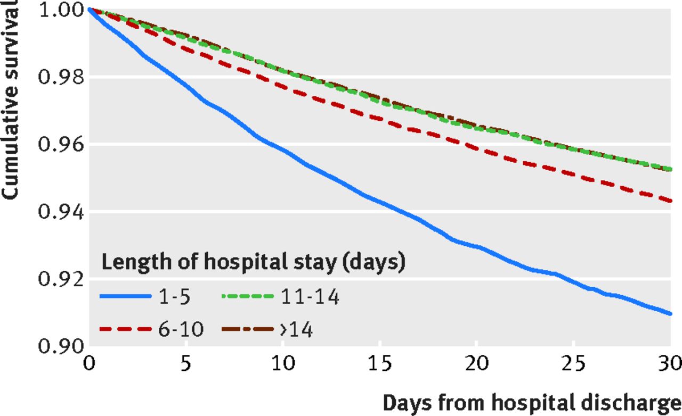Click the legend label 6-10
181,330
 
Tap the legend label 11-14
309,297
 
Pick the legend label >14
296,330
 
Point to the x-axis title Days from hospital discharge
532,403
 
